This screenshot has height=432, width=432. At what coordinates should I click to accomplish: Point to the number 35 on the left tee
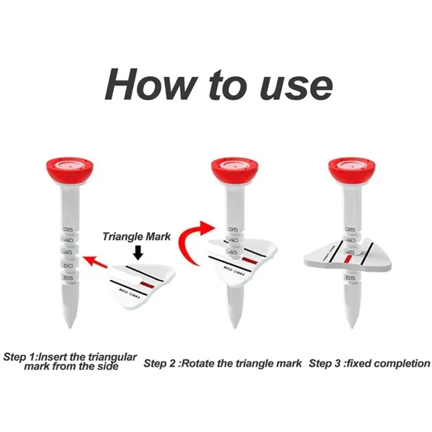68,230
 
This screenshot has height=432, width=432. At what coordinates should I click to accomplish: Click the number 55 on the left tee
68,277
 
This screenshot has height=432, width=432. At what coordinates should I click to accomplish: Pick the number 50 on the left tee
68,266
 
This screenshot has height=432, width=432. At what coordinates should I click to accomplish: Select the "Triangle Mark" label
136,235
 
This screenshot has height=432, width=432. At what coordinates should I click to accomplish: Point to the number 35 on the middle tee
233,230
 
